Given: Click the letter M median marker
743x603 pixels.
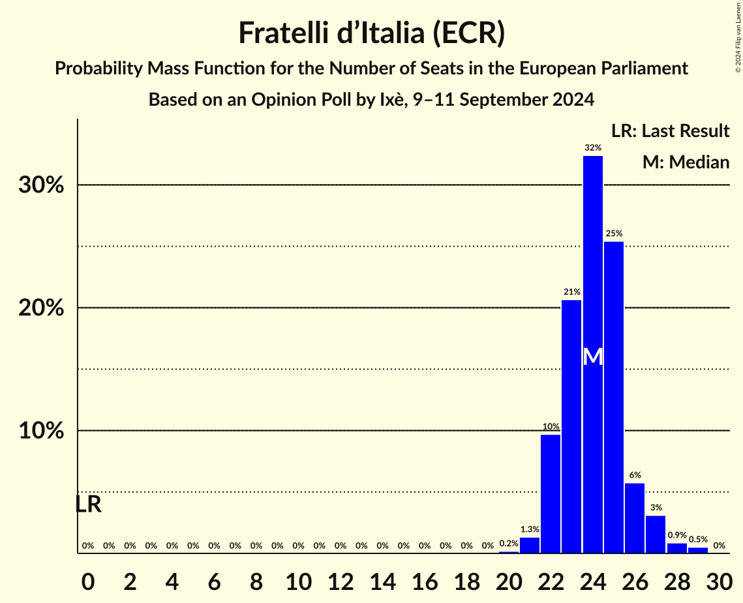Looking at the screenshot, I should point(592,357).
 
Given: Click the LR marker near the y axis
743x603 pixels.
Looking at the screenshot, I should point(89,504).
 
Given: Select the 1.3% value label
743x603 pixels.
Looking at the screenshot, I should point(530,529).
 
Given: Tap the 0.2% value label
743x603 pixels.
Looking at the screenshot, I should point(509,544).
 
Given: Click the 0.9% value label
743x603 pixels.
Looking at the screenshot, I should point(676,535).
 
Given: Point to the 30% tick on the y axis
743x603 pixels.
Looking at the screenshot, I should point(41,185).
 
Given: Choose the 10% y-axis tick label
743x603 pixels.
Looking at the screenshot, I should point(41,431).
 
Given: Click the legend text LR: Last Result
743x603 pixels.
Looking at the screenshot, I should point(670,131).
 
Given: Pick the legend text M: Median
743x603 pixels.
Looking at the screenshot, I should point(686,162).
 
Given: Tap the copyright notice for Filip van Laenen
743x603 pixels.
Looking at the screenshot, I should point(738,36).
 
